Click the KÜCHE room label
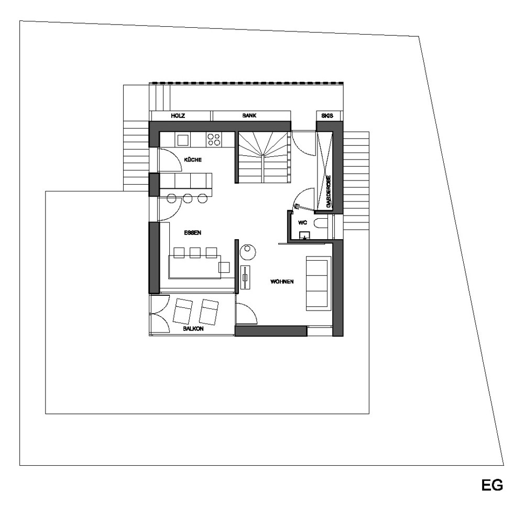click(193, 160)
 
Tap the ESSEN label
click(192, 232)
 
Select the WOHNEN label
click(282, 282)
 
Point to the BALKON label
click(193, 329)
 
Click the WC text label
click(302, 223)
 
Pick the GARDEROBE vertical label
click(329, 192)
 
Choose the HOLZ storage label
click(178, 116)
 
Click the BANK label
click(249, 115)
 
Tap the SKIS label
click(327, 116)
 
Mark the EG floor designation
click(492, 485)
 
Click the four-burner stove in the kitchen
click(214, 139)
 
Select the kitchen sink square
click(183, 140)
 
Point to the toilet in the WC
click(322, 223)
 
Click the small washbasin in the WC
click(304, 235)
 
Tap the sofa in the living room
click(319, 283)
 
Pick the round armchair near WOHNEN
click(248, 252)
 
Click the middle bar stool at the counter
click(188, 198)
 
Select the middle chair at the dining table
click(195, 253)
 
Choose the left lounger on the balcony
click(182, 311)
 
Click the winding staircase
click(264, 157)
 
